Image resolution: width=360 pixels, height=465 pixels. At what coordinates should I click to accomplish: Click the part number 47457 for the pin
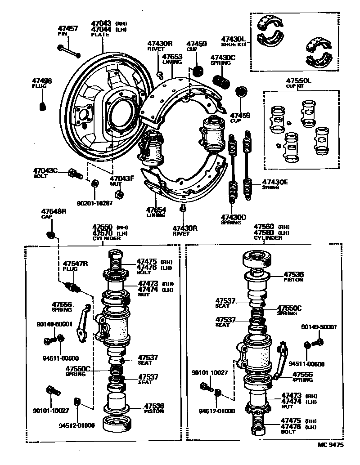click(x=67, y=28)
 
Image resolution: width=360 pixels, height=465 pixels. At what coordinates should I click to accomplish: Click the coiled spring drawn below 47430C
click(x=223, y=81)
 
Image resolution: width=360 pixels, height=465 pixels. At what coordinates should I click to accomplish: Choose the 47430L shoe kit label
click(x=233, y=39)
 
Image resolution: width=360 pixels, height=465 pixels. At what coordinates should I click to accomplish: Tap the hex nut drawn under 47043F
click(x=119, y=194)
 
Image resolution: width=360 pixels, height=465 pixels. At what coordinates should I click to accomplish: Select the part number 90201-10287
click(x=94, y=203)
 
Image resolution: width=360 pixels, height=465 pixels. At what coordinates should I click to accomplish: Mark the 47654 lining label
click(x=156, y=210)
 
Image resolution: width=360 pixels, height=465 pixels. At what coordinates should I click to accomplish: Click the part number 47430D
click(x=234, y=217)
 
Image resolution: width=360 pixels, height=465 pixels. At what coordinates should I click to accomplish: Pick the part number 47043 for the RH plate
click(x=101, y=22)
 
